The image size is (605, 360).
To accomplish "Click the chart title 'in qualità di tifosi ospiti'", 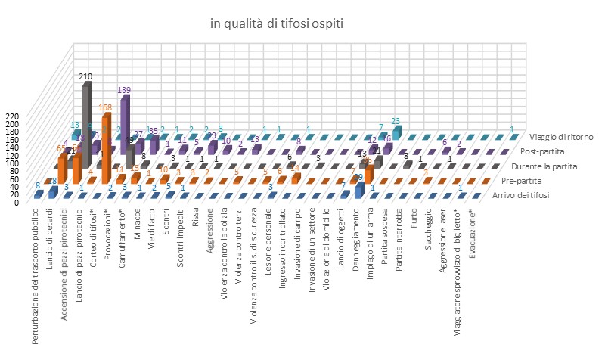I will click(x=277, y=24).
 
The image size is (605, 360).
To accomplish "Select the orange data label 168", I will click(x=104, y=107).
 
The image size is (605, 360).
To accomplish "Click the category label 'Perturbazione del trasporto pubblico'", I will click(x=36, y=272).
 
